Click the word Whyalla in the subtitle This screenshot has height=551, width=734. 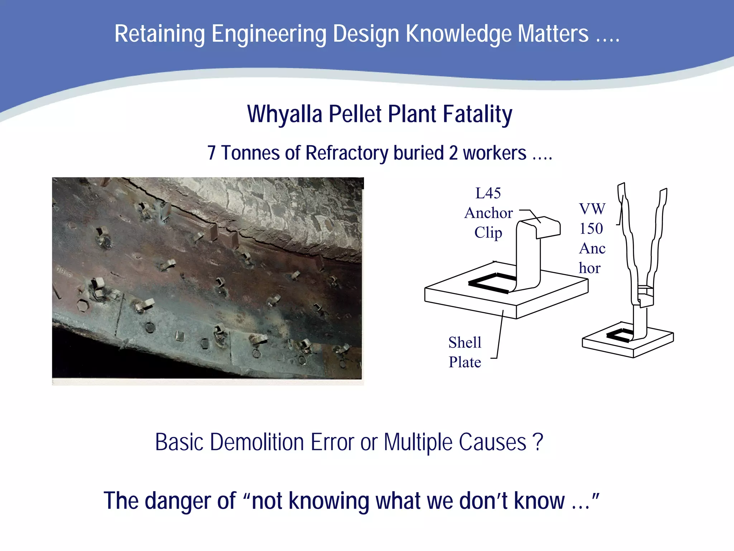285,114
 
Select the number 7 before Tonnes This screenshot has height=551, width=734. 211,153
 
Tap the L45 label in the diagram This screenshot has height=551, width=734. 488,193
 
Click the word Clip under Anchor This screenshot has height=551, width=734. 488,232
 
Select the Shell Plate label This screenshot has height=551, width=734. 465,352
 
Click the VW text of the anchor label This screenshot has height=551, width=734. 592,209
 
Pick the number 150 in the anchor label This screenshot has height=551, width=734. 591,229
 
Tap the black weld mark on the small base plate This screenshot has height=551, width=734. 619,335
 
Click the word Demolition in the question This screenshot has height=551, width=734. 257,442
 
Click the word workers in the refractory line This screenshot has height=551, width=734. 495,153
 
